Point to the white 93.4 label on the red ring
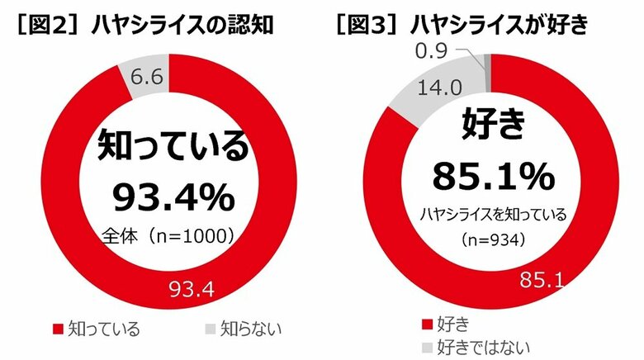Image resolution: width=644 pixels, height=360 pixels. (x=190, y=288)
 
